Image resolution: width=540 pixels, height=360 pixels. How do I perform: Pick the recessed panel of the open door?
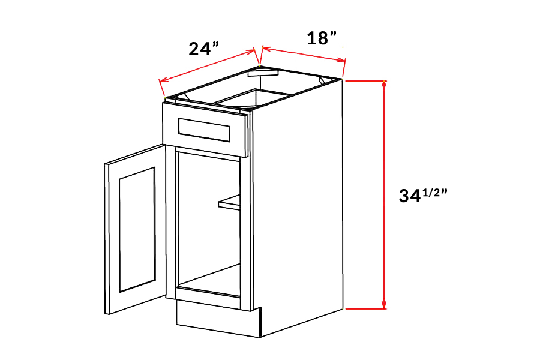coord(137,230)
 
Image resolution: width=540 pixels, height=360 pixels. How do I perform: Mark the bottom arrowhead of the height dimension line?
coord(384,305)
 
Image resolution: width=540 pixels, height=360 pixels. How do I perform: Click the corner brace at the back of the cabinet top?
coord(259,73)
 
